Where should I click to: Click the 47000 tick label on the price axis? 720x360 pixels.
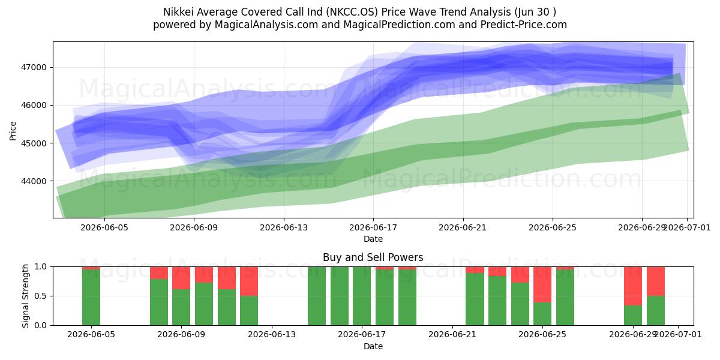point(34,67)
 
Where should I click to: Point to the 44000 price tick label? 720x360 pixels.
point(34,181)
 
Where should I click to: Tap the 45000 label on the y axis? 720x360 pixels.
point(34,143)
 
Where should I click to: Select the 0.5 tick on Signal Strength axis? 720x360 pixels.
point(41,296)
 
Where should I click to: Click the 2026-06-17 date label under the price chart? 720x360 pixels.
point(373,227)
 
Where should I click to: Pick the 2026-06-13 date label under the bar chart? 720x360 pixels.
point(272,334)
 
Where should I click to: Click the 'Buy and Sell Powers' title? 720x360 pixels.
point(373,257)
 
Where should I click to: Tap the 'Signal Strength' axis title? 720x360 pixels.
point(25,296)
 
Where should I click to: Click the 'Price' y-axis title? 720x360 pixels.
point(13,131)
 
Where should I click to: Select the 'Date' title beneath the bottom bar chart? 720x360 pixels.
point(373,346)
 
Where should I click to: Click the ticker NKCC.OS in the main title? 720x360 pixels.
point(352,12)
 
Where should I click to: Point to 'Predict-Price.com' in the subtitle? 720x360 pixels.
point(524,25)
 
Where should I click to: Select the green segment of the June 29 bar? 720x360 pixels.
point(633,316)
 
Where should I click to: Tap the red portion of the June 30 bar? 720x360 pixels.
point(656,281)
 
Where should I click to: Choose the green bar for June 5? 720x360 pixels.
point(91,298)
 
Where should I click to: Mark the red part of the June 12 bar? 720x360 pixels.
point(249,281)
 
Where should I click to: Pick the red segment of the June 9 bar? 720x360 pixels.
point(181,278)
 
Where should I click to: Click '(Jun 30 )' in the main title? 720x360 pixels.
point(535,12)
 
